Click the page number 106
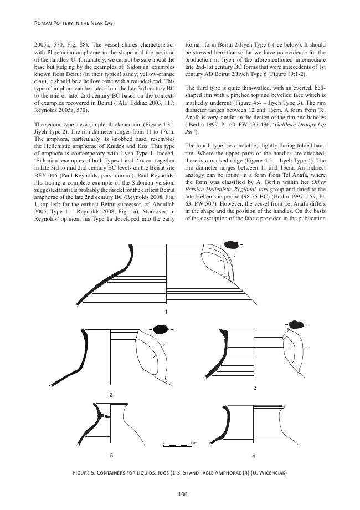click(180, 494)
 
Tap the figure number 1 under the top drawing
click(166, 313)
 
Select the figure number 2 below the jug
click(111, 395)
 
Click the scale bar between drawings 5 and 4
click(177, 446)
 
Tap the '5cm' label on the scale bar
click(194, 442)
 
